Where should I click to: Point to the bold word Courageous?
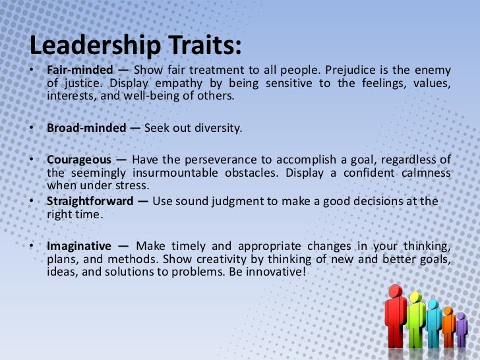pos(78,160)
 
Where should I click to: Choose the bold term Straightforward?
pos(90,201)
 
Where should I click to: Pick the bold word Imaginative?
pos(78,246)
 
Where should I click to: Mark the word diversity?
pos(220,128)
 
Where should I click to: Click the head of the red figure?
pos(395,293)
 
